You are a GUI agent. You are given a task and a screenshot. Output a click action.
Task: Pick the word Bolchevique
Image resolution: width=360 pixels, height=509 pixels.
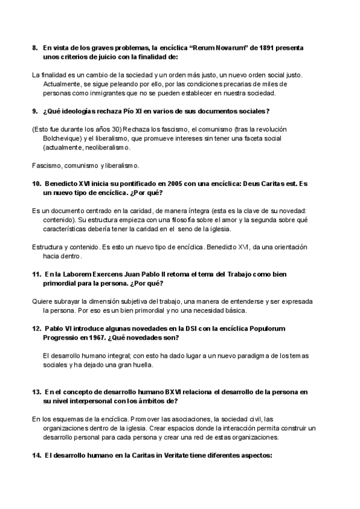tap(61, 137)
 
